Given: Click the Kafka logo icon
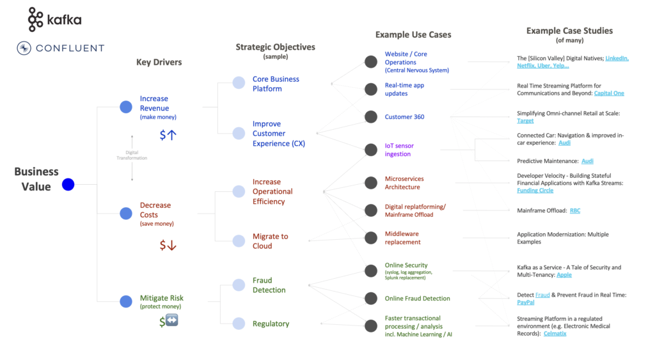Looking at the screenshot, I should [x=36, y=20].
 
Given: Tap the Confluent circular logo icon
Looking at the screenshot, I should [x=24, y=48].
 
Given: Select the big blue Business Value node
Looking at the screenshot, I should [x=68, y=185].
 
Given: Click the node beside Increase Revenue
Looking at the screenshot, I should [x=126, y=107].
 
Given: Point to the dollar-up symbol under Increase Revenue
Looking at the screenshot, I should [x=168, y=135].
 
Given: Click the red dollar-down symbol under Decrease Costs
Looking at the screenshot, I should [x=168, y=245].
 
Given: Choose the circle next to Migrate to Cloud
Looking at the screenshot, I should [x=239, y=241].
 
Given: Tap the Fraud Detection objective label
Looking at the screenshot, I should [x=269, y=285].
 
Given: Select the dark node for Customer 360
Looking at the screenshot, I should [x=370, y=116].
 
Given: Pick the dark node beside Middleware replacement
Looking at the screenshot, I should [x=370, y=238].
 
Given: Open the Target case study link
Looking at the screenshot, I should [x=525, y=121].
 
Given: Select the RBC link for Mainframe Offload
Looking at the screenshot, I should [x=575, y=210].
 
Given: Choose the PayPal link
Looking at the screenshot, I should [x=525, y=302].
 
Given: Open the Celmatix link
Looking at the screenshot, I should [x=555, y=334].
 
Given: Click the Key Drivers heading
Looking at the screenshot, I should [x=159, y=62].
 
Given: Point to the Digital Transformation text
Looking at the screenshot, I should [x=132, y=155].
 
